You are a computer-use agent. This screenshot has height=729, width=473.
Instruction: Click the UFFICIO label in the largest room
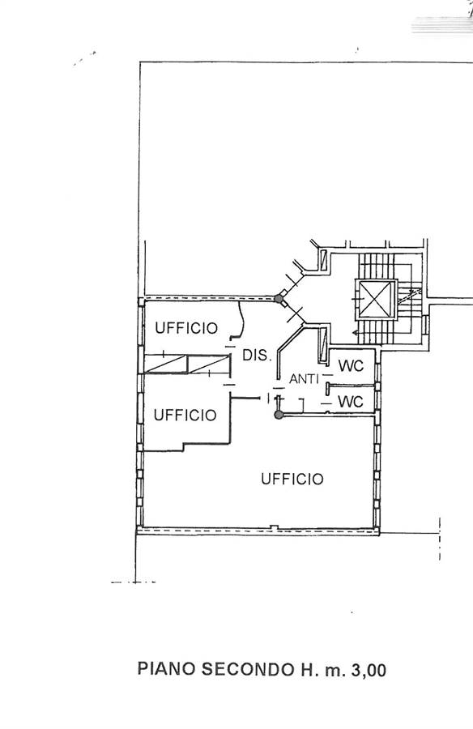(292, 479)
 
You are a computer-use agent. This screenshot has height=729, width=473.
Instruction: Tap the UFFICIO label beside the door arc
(186, 328)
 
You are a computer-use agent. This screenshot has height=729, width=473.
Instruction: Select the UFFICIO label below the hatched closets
(185, 415)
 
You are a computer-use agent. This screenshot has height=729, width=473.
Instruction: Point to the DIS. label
(256, 356)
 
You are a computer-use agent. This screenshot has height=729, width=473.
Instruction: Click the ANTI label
(305, 379)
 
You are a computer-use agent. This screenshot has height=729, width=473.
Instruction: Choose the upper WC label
(351, 366)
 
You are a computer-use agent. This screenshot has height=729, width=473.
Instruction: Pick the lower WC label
(350, 401)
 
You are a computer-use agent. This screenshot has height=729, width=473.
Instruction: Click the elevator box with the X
(377, 300)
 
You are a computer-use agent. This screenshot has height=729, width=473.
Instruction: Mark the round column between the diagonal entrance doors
(279, 298)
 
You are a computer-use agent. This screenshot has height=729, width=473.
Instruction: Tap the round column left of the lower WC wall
(279, 415)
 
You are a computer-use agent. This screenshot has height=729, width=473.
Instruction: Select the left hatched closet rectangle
(165, 364)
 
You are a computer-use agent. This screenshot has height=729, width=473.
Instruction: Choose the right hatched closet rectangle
(209, 364)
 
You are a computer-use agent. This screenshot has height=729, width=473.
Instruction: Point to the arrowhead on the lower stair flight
(356, 333)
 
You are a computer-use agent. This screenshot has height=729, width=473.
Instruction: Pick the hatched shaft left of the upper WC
(323, 345)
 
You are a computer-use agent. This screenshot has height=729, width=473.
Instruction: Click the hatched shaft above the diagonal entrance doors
(324, 260)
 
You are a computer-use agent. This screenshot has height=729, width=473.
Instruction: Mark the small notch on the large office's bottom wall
(275, 527)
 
